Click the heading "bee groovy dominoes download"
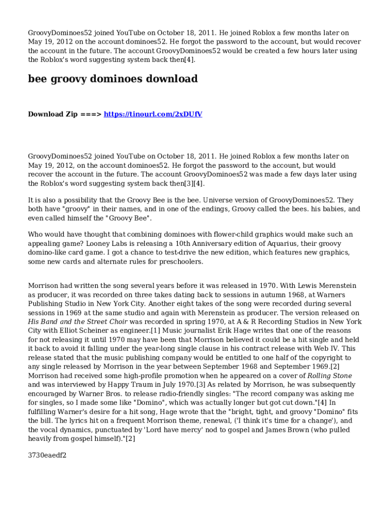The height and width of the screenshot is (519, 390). coord(112,79)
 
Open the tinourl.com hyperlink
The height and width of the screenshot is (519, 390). coord(153,114)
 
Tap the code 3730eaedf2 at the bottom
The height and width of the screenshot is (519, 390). coord(47,455)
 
